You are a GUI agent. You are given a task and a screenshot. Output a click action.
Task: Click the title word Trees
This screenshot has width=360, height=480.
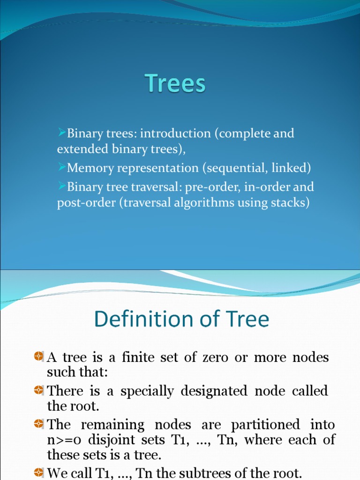pyautogui.click(x=175, y=84)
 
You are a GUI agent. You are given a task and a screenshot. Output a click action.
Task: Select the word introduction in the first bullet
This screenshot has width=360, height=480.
pyautogui.click(x=175, y=134)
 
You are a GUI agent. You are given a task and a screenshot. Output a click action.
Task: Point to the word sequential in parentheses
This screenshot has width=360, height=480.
pyautogui.click(x=234, y=168)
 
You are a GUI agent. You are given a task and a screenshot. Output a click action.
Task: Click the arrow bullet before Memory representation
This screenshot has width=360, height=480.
pyautogui.click(x=62, y=167)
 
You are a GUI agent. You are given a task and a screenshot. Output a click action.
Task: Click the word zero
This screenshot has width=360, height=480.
pyautogui.click(x=216, y=358)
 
